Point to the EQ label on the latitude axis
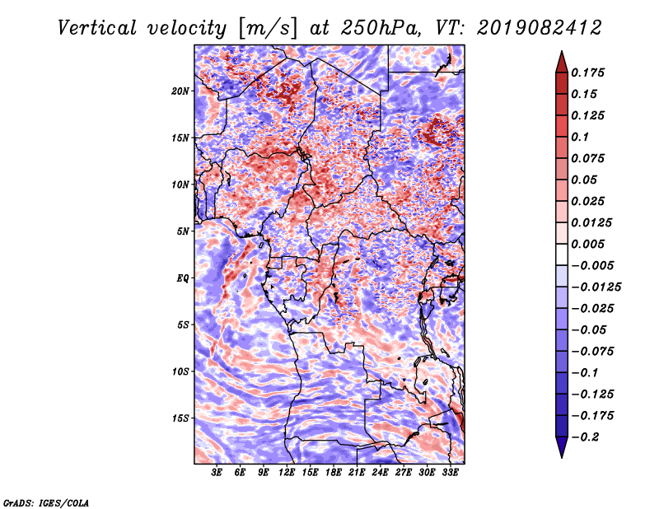point(182,278)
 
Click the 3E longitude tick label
point(217,474)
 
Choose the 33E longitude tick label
point(451,474)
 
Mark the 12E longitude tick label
point(287,474)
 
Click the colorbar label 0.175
point(589,72)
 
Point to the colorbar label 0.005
point(589,244)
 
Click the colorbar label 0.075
point(589,158)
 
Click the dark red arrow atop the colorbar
point(560,60)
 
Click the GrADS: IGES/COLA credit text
point(46,502)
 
